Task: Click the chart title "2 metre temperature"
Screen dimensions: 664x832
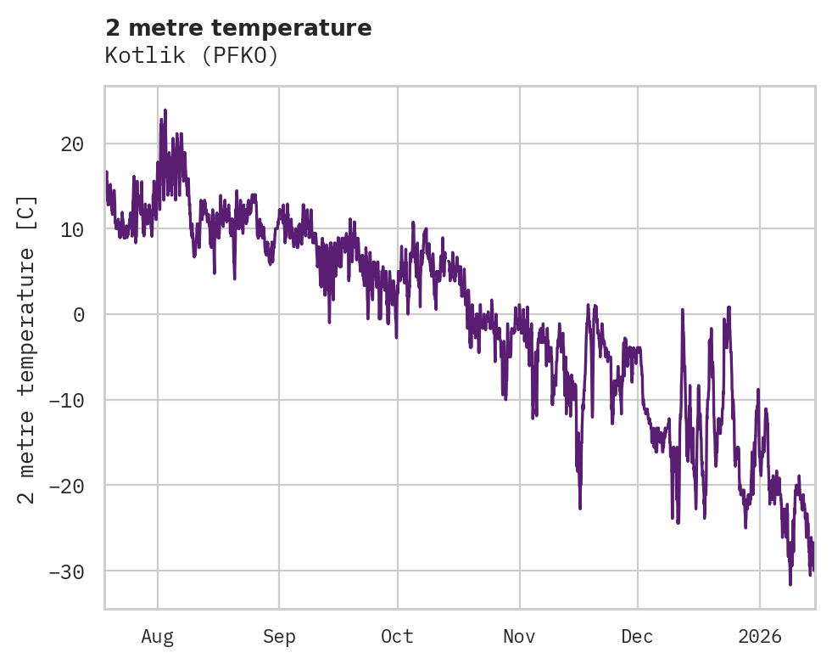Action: [238, 28]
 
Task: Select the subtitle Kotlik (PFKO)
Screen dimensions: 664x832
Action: [192, 55]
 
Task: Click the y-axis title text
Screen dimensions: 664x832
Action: [28, 349]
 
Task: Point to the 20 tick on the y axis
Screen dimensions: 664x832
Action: [72, 143]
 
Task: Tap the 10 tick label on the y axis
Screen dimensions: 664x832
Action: [72, 229]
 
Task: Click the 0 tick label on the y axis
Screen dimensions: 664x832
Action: [78, 314]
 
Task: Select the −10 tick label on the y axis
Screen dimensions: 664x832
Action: [66, 400]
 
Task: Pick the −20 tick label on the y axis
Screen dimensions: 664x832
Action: [66, 486]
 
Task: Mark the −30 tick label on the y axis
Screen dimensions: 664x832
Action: [66, 571]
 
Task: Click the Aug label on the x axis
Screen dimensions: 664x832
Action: [158, 637]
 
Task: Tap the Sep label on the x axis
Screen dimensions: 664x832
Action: [279, 637]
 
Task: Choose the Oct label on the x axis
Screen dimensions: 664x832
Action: [397, 637]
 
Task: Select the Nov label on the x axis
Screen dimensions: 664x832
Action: [519, 637]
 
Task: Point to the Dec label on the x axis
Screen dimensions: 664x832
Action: [637, 637]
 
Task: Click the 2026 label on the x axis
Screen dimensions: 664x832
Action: [760, 637]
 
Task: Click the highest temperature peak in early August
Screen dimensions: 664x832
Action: [165, 110]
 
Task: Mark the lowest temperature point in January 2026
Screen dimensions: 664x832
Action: [790, 584]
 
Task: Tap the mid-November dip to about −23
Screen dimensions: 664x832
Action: [580, 508]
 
